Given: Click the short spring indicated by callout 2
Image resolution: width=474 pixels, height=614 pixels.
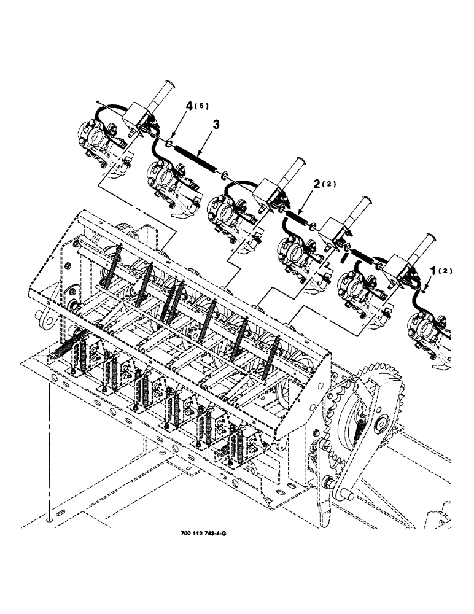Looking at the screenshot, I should click(297, 217).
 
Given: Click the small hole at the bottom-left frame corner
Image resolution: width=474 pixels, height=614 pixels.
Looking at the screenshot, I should click(49, 519).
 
